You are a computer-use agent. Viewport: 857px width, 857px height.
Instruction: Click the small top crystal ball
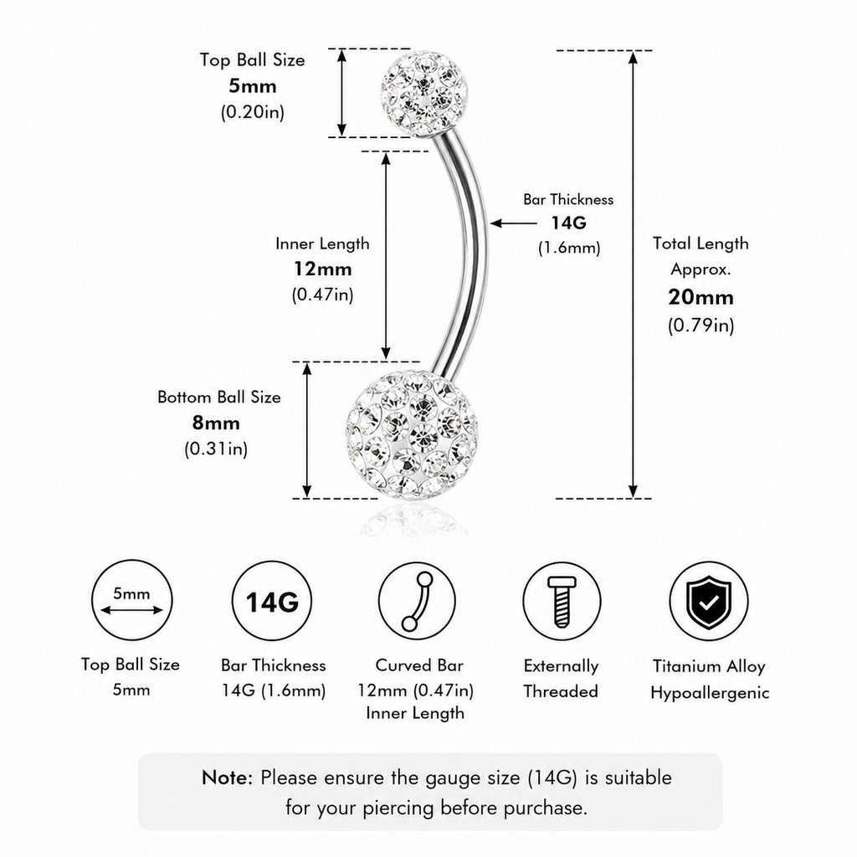pyautogui.click(x=424, y=94)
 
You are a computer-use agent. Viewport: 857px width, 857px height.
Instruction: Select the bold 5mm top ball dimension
pyautogui.click(x=253, y=86)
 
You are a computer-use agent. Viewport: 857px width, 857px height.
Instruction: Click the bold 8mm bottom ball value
pyautogui.click(x=216, y=423)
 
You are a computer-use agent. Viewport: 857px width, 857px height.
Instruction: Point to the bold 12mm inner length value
pyautogui.click(x=322, y=269)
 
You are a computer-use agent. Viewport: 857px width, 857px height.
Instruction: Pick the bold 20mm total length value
pyautogui.click(x=700, y=297)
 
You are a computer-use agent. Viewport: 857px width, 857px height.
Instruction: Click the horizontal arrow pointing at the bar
pyautogui.click(x=513, y=223)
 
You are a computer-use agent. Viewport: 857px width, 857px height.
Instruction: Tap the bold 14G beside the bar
pyautogui.click(x=568, y=223)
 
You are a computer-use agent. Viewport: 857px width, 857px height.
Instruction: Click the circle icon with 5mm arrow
pyautogui.click(x=131, y=600)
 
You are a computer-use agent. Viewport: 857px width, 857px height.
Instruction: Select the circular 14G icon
pyautogui.click(x=272, y=601)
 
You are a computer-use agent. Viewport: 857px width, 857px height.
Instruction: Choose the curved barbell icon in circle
pyautogui.click(x=417, y=601)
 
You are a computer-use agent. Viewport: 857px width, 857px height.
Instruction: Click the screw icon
pyautogui.click(x=562, y=601)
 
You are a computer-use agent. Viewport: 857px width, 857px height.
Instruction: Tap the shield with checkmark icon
pyautogui.click(x=709, y=602)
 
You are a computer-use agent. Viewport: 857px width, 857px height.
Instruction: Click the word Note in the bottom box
pyautogui.click(x=227, y=777)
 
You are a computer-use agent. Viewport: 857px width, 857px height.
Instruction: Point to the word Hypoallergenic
pyautogui.click(x=710, y=693)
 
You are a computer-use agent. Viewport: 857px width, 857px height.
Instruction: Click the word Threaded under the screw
pyautogui.click(x=561, y=691)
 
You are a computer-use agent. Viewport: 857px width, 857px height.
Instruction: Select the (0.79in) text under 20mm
pyautogui.click(x=700, y=326)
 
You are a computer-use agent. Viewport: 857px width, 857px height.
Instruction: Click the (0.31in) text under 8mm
pyautogui.click(x=216, y=449)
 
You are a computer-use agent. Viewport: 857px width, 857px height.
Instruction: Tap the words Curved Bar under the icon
pyautogui.click(x=419, y=665)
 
